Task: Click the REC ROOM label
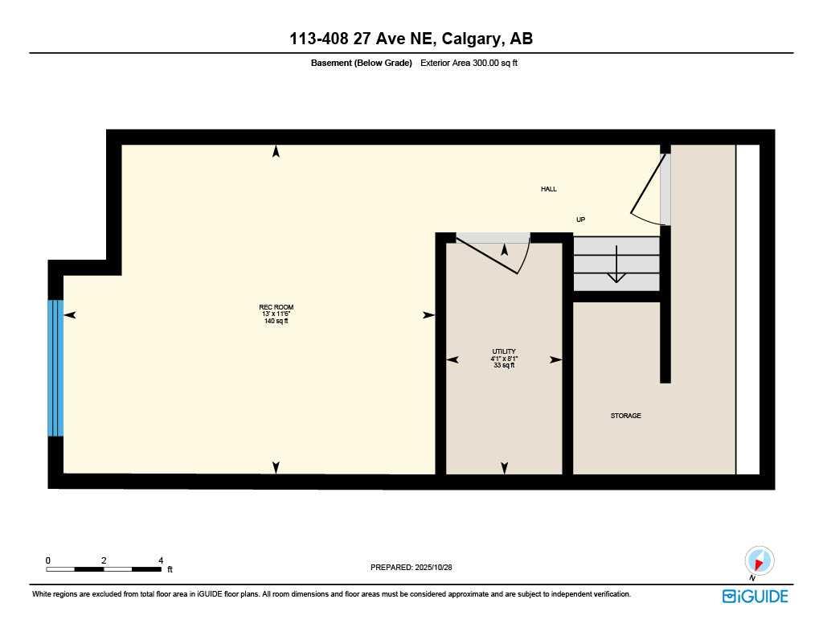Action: pos(276,307)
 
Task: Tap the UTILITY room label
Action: pos(504,351)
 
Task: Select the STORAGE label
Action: pos(625,416)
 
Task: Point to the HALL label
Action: pos(548,189)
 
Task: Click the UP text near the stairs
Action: pos(580,219)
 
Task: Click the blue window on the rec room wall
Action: pos(55,367)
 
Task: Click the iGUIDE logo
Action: pos(755,596)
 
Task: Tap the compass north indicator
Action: pos(759,560)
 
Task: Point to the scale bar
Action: pos(103,569)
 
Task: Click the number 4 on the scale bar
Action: pos(161,560)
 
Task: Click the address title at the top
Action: pos(411,39)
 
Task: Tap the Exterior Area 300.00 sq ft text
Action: pos(469,63)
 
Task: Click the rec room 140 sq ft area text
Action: pos(276,321)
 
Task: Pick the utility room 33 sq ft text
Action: pos(504,365)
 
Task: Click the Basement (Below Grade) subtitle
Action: pos(361,63)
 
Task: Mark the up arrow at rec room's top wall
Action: pos(276,151)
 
